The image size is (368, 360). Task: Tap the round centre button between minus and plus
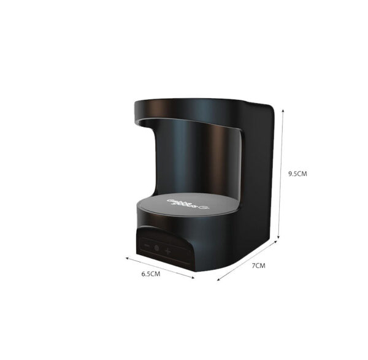point(156,249)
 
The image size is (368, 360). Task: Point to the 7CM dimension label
point(259,266)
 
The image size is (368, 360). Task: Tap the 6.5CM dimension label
point(150,274)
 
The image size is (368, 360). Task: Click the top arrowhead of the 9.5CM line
point(282,110)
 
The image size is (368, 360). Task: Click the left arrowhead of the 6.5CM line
point(128,258)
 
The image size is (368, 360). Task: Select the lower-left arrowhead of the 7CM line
point(218,280)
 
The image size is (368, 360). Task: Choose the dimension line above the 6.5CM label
point(161,268)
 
